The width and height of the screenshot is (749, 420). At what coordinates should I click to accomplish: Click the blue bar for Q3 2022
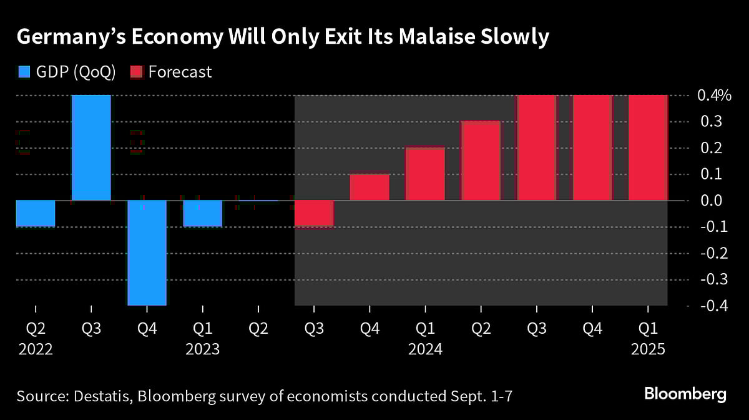(x=91, y=148)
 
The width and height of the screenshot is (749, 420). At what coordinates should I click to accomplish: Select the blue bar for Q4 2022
(x=147, y=252)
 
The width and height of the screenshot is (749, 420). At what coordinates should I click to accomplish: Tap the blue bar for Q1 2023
(x=202, y=213)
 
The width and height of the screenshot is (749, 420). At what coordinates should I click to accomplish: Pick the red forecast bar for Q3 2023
(x=313, y=214)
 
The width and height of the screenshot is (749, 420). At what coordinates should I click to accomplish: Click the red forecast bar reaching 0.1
(x=369, y=187)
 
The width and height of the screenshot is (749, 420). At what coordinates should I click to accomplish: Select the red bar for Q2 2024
(x=481, y=161)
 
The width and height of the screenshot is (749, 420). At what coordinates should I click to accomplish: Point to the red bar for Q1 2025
(x=648, y=148)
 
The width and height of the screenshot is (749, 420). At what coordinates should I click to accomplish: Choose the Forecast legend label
(x=180, y=72)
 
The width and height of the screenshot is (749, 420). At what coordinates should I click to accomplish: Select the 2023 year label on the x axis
(x=202, y=349)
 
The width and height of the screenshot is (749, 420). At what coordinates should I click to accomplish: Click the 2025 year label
(x=648, y=349)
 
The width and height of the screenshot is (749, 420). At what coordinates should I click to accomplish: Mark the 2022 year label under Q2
(x=35, y=349)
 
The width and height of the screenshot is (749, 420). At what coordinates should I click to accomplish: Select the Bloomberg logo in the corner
(x=685, y=394)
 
